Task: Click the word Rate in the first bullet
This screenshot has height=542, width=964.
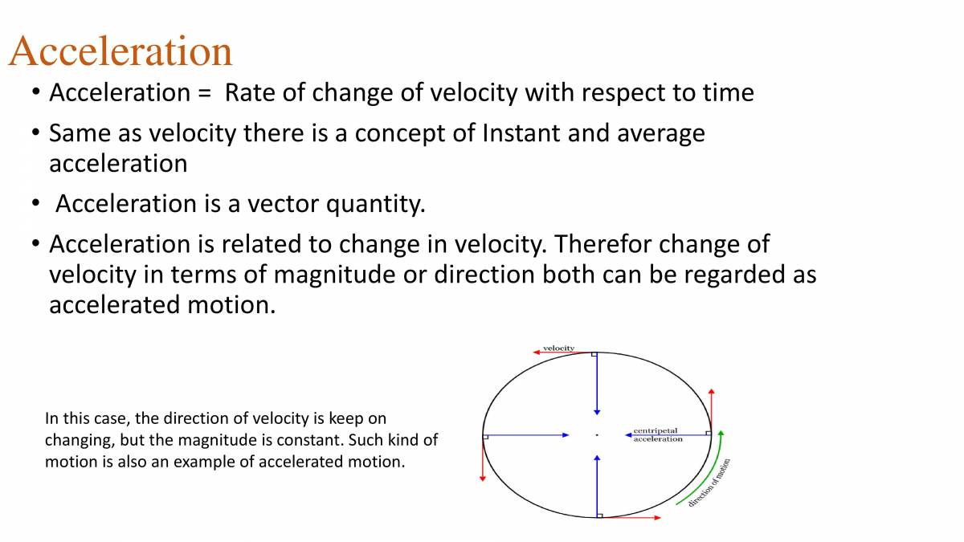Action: click(251, 93)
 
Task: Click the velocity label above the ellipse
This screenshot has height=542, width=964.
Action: click(559, 348)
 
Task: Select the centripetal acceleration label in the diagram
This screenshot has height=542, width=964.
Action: click(658, 434)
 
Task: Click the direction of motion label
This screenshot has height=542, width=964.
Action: click(709, 482)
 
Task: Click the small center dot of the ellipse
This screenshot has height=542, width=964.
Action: click(597, 434)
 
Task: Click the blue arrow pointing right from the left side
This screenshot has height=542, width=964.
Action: click(527, 435)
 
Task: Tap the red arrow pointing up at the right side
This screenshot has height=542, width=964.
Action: click(712, 410)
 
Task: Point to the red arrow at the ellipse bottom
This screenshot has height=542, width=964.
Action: click(630, 518)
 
